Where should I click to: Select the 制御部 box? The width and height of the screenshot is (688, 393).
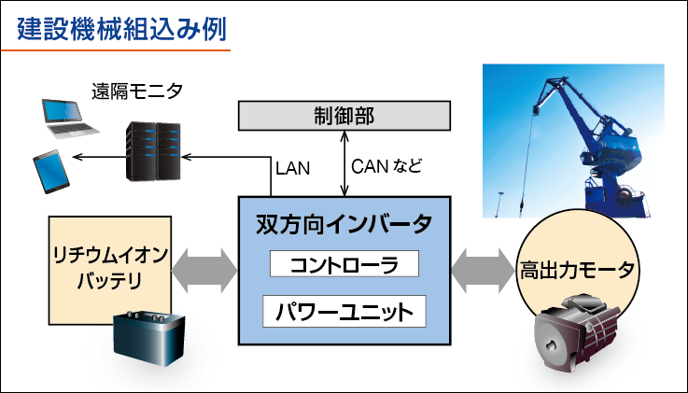(344, 116)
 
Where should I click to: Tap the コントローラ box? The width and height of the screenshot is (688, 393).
(344, 264)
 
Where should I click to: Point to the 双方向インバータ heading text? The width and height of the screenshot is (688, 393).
(344, 225)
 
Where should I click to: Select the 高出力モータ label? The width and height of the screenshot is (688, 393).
(578, 271)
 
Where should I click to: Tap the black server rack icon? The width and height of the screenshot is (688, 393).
(151, 152)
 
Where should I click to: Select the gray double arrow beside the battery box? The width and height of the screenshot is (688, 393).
(205, 269)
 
